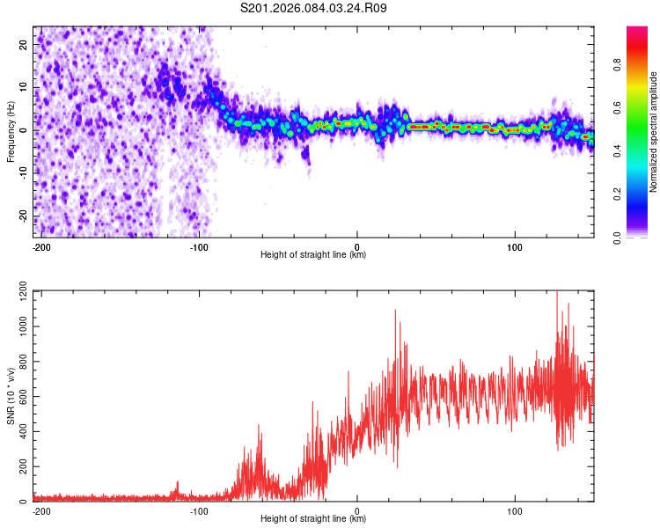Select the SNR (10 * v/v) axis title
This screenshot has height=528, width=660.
click(11, 396)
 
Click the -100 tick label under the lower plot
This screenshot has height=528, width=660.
click(199, 510)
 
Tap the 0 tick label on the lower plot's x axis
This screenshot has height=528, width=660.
click(357, 510)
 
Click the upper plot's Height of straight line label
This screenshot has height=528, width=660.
click(312, 255)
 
